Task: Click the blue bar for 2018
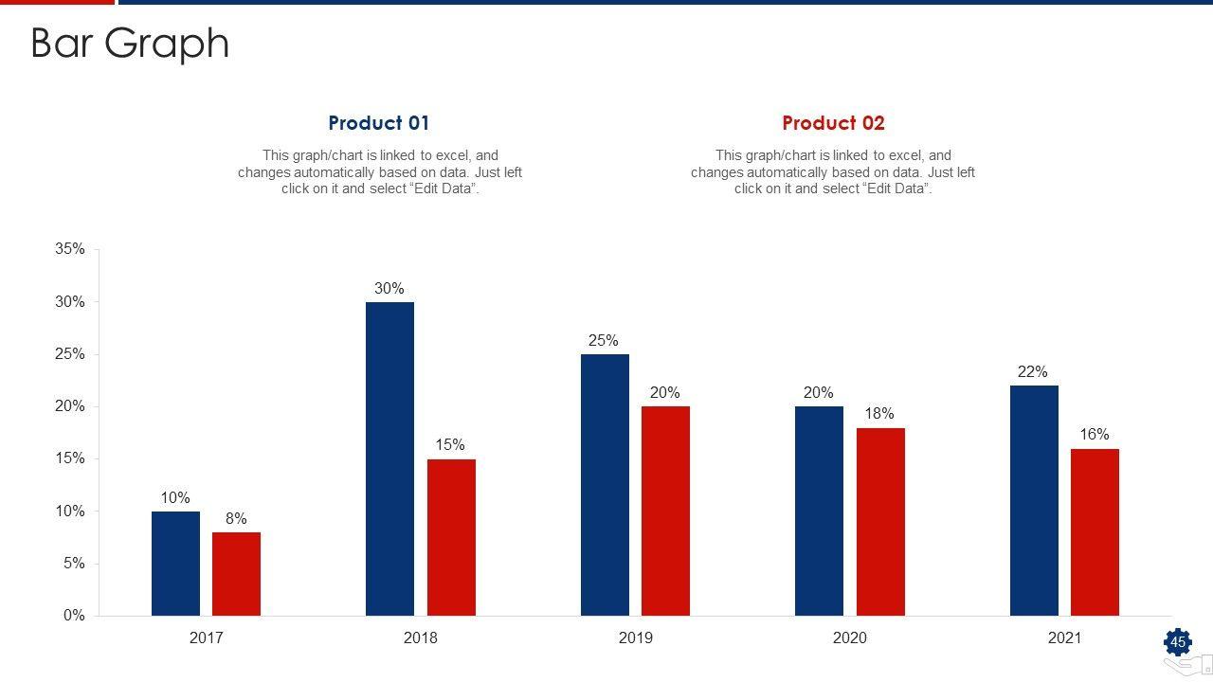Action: point(389,458)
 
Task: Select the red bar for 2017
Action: point(236,574)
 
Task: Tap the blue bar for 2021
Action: point(1034,500)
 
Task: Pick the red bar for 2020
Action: point(880,522)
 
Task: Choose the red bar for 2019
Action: point(665,511)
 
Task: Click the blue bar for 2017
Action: point(175,564)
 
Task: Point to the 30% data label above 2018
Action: point(389,288)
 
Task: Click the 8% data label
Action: point(236,518)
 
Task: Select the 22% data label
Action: point(1033,372)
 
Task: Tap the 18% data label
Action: point(879,414)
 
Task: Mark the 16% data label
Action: point(1095,435)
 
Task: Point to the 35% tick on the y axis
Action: point(70,249)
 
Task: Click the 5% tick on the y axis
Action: point(74,564)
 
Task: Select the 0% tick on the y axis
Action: point(74,616)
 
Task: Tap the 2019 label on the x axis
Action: point(635,637)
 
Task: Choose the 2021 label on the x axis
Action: point(1064,637)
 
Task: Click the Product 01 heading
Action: point(379,123)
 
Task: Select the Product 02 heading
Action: point(833,123)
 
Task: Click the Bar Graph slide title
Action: point(130,44)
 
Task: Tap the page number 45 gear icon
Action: point(1178,642)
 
